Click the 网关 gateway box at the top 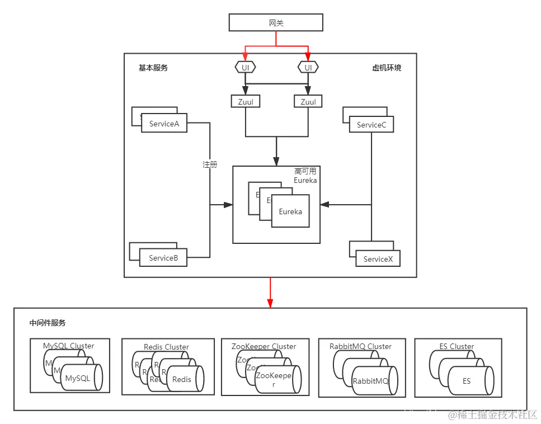click(276, 22)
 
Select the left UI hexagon click(244, 67)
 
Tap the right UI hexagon click(308, 67)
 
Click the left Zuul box click(245, 102)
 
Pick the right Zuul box click(308, 102)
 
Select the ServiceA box click(164, 124)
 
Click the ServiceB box click(163, 258)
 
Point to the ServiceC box click(371, 125)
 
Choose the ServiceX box click(378, 259)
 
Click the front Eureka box click(290, 211)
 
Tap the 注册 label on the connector click(210, 164)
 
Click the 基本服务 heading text click(153, 68)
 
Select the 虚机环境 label click(387, 68)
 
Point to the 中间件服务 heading click(48, 323)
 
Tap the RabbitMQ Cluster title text click(360, 346)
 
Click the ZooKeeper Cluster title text click(264, 346)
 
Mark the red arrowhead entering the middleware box click(270, 303)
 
